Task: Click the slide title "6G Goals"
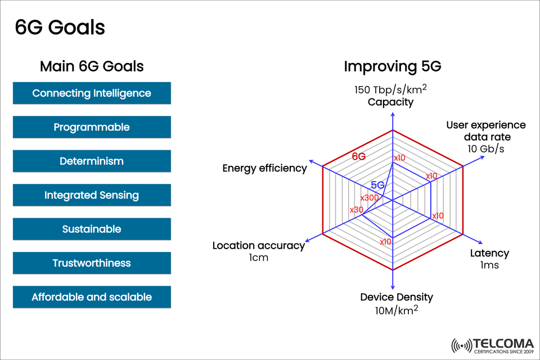tap(60, 28)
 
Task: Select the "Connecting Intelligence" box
tap(92, 93)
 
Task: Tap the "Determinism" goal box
tap(92, 161)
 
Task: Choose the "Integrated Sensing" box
tap(92, 195)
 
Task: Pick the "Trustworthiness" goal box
tap(92, 263)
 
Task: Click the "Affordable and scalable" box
tap(92, 297)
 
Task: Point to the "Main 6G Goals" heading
tap(92, 66)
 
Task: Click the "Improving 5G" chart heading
tap(392, 66)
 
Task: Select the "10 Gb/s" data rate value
tap(485, 149)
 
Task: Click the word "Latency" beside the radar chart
tap(489, 253)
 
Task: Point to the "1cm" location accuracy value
tap(258, 258)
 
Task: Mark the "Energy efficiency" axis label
tap(264, 168)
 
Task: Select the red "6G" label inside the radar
tap(359, 157)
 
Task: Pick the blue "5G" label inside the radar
tap(377, 185)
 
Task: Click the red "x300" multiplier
tap(370, 198)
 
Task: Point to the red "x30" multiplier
tap(357, 210)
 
